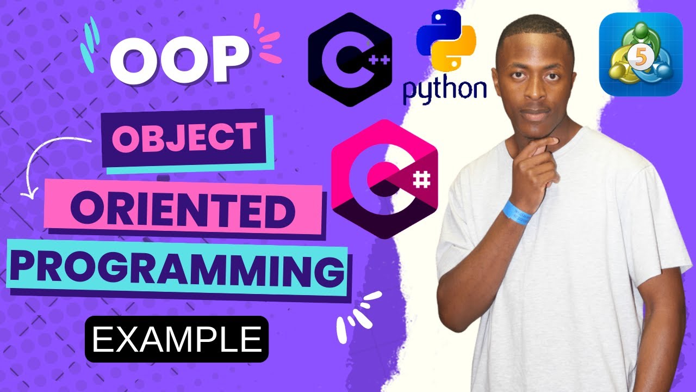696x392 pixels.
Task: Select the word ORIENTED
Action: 185,210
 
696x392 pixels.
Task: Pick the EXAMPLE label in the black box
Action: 176,339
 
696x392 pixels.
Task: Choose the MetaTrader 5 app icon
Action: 641,54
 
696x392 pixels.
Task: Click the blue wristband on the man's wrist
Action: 518,212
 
